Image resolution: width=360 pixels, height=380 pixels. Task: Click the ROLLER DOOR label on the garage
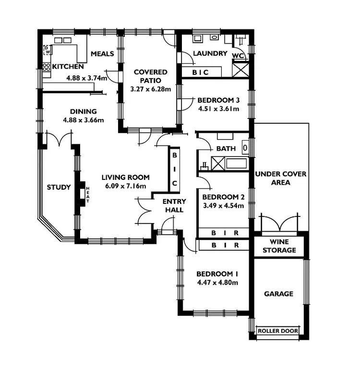278,331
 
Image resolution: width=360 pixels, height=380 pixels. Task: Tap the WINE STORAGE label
283,246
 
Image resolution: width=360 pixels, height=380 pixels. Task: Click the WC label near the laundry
238,56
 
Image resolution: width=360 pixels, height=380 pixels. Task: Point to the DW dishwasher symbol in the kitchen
47,49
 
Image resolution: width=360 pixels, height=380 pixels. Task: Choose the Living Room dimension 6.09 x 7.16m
125,186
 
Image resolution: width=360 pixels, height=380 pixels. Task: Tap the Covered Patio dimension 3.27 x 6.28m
150,89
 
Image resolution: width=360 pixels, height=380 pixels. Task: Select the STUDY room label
59,187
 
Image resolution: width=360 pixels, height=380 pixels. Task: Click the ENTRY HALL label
174,205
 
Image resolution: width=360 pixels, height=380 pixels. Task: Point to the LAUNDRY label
210,53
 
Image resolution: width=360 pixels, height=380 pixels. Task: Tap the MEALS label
102,53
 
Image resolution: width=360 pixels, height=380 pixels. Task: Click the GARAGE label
278,294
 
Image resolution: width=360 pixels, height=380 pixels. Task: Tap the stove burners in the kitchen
47,69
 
